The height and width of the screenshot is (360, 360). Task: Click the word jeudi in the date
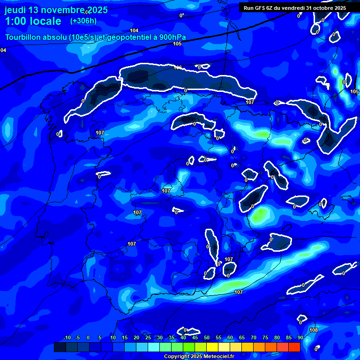16,10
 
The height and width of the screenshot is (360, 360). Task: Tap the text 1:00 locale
33,21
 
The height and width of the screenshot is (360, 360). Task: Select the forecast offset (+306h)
83,21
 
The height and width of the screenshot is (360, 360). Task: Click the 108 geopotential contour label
314,330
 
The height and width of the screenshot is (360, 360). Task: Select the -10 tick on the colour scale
67,338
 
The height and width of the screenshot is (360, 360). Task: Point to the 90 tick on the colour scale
300,338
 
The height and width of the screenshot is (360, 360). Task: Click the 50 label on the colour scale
207,338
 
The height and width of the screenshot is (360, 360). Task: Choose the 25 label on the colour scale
148,338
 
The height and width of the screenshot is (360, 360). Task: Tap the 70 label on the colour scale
254,338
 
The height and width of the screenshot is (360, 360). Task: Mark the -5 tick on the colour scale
77,338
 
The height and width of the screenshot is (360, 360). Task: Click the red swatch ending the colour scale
294,347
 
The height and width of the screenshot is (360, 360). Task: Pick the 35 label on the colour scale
172,338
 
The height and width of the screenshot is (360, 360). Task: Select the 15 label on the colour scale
125,338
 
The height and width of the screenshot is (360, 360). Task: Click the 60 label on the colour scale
230,338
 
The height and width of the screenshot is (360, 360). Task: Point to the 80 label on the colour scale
277,338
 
